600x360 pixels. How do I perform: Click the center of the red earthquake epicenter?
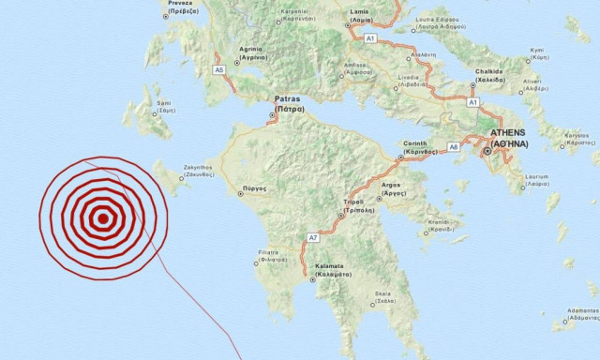[x=102, y=219]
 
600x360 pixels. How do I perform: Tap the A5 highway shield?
[x=219, y=69]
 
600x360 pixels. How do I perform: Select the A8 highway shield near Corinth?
[x=454, y=146]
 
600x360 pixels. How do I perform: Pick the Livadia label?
[x=407, y=82]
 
